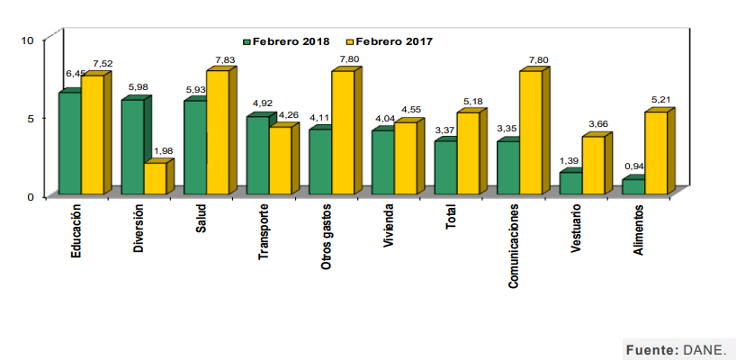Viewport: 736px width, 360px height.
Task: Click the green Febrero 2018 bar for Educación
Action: click(x=69, y=143)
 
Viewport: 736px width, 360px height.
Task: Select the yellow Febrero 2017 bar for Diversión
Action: click(x=155, y=178)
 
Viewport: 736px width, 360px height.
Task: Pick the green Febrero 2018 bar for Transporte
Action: click(x=257, y=155)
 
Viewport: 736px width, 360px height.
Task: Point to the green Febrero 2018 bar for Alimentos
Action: click(x=633, y=186)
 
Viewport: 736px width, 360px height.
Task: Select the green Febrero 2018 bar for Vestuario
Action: click(x=570, y=183)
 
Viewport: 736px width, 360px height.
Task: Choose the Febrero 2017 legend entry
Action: click(x=389, y=41)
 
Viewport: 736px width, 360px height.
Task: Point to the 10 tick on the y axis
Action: click(x=27, y=40)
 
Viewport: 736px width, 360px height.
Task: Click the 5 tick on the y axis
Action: click(x=30, y=118)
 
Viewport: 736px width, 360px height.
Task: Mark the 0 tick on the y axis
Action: click(x=30, y=196)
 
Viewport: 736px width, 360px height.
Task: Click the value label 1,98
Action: click(x=162, y=150)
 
